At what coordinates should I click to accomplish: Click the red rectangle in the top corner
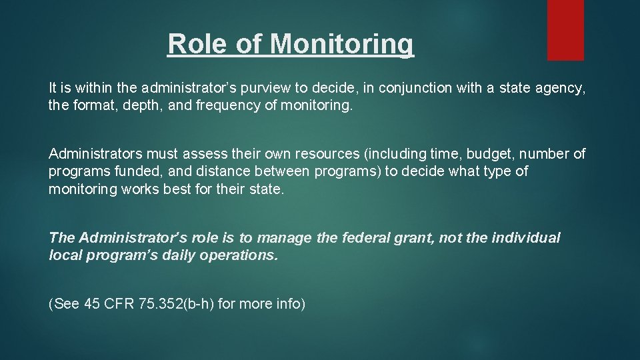pyautogui.click(x=565, y=30)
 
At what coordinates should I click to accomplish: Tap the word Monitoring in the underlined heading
pyautogui.click(x=342, y=44)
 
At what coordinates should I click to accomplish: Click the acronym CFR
pyautogui.click(x=119, y=305)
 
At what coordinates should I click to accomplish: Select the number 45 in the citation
pyautogui.click(x=92, y=305)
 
